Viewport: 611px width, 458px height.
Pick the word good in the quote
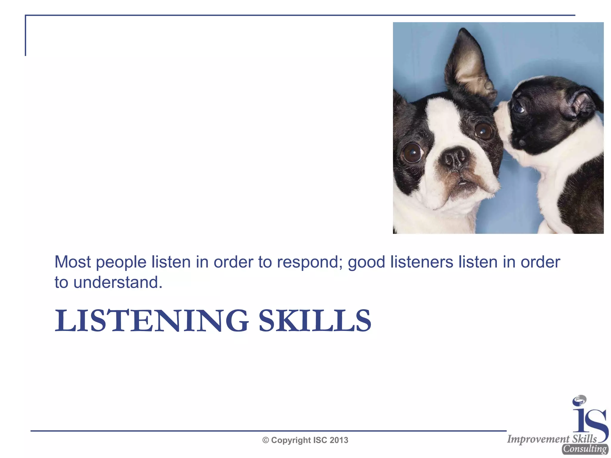point(367,262)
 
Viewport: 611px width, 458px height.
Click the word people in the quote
point(121,262)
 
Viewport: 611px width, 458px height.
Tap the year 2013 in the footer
point(339,440)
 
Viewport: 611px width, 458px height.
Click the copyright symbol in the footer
point(266,440)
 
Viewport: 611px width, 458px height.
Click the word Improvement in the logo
point(538,439)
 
